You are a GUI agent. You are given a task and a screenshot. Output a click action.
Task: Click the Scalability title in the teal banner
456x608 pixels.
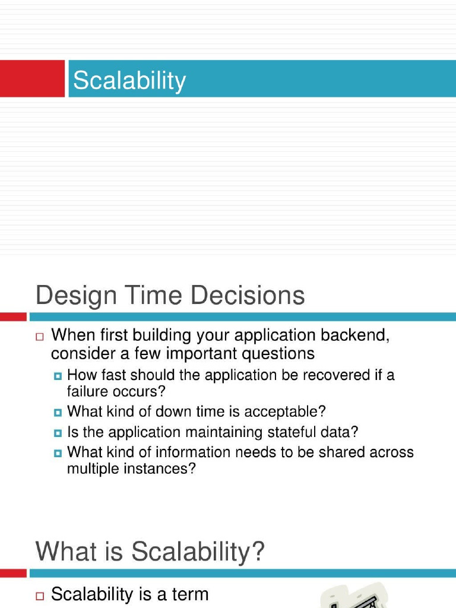click(129, 80)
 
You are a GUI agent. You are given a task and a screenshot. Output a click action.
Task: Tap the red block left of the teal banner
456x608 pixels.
click(32, 78)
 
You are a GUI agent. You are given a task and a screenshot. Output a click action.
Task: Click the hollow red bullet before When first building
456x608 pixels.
click(40, 337)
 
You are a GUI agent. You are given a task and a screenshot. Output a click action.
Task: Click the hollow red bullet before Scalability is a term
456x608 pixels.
click(40, 595)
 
